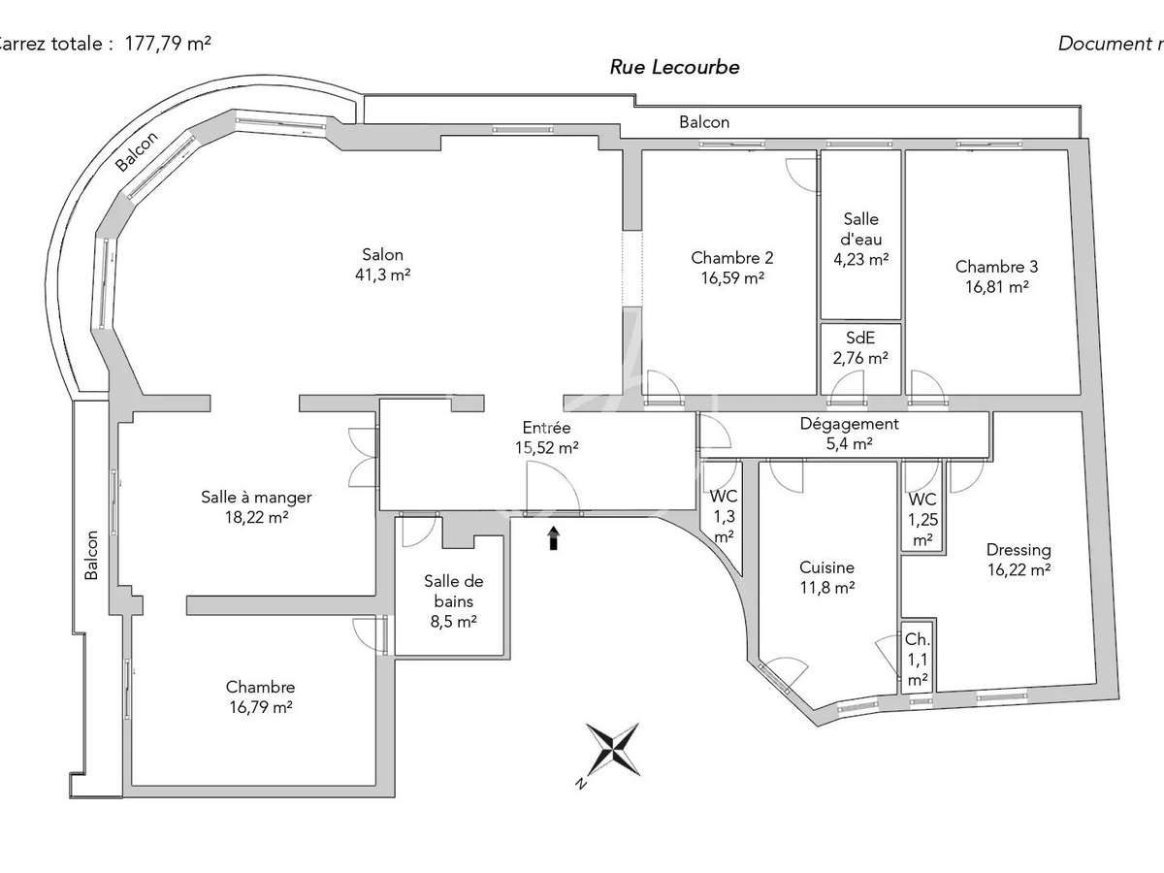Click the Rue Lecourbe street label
tap(674, 67)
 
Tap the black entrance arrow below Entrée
tap(554, 538)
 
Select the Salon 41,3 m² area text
tap(382, 265)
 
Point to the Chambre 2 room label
tap(732, 267)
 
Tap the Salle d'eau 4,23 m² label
tap(860, 240)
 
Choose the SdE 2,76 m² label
tap(860, 348)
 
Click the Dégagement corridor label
tap(849, 434)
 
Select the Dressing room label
tap(1018, 560)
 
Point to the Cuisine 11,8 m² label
tap(826, 577)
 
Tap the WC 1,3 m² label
tap(724, 516)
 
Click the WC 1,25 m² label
tap(922, 519)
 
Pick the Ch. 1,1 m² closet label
tap(917, 660)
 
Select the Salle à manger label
tap(256, 507)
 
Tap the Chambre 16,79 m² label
tap(260, 697)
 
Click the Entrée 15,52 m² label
tap(547, 437)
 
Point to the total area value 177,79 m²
tap(168, 43)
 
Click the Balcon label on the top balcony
tap(704, 122)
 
